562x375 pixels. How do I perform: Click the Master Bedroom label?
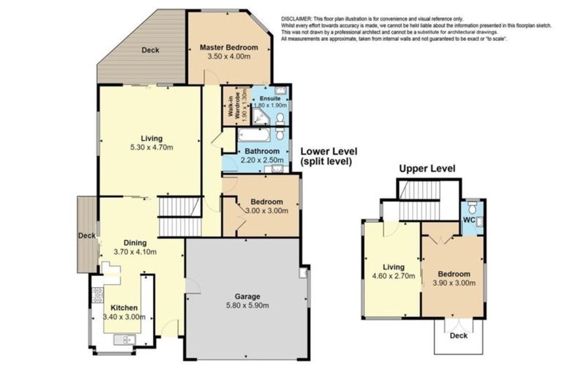(229, 48)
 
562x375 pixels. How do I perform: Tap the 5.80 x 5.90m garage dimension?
(247, 306)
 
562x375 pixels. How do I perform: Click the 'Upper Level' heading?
(427, 168)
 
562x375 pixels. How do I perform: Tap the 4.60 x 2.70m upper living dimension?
(394, 277)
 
